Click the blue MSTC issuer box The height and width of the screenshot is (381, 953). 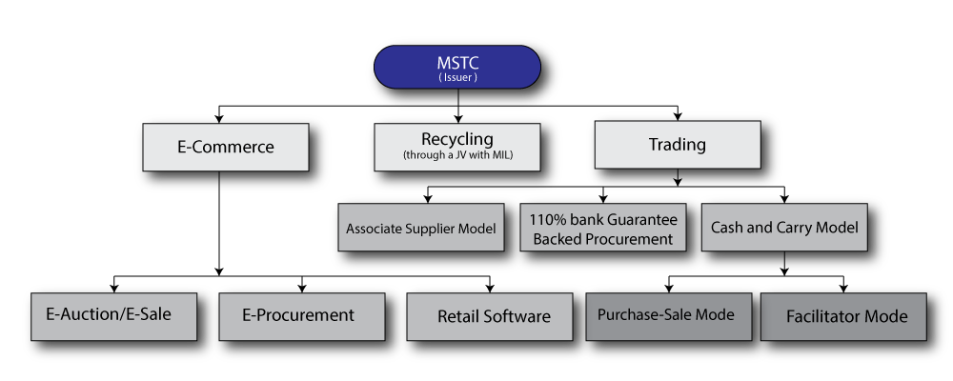(456, 67)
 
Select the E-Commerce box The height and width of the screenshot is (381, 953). (225, 147)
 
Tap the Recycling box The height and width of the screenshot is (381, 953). (457, 147)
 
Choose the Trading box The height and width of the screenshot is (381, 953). (678, 145)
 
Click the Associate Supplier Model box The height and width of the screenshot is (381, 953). (421, 228)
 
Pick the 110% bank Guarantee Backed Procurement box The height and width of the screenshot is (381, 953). (602, 228)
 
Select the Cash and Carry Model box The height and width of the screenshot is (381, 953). (784, 228)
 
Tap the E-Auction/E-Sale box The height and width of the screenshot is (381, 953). (114, 316)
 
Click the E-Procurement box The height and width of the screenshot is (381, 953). (302, 316)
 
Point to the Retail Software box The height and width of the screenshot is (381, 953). (490, 316)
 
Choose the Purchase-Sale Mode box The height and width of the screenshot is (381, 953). (666, 316)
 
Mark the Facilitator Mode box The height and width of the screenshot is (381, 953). (843, 316)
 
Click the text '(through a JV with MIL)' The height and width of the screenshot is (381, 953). (457, 155)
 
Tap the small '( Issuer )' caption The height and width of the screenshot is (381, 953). (457, 76)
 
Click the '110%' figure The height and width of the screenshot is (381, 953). (547, 219)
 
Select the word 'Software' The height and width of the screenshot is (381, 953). (516, 316)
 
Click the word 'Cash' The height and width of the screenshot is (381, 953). (728, 228)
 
